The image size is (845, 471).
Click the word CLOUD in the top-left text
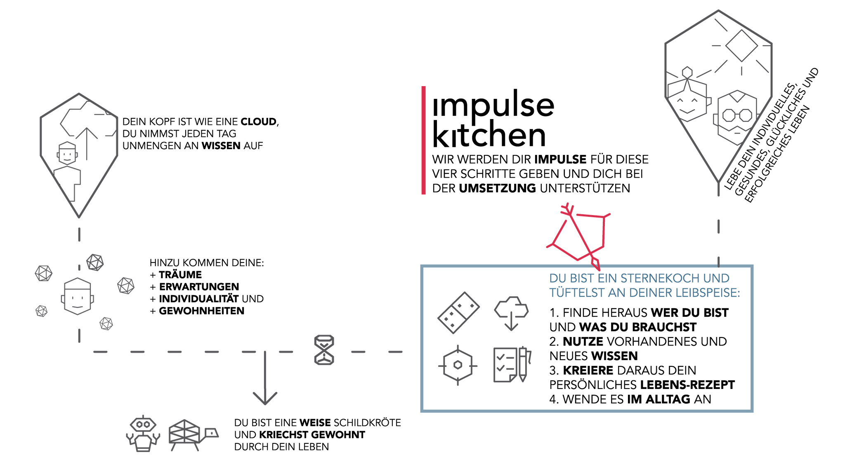259,122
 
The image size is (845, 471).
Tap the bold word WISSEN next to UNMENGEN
221,146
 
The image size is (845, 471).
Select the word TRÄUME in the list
180,275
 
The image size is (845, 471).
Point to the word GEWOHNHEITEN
202,311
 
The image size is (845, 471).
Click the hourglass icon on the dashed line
324,350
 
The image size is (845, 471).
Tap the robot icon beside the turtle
143,434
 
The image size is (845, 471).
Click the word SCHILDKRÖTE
367,423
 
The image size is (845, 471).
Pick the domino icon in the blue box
458,313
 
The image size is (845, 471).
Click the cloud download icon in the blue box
511,313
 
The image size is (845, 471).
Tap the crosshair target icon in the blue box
458,366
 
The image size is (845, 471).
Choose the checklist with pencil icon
512,365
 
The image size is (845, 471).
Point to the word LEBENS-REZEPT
688,385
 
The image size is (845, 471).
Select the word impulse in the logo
493,105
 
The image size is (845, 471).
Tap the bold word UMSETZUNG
497,188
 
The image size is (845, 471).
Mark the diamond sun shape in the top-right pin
741,46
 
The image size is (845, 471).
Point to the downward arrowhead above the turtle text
265,398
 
